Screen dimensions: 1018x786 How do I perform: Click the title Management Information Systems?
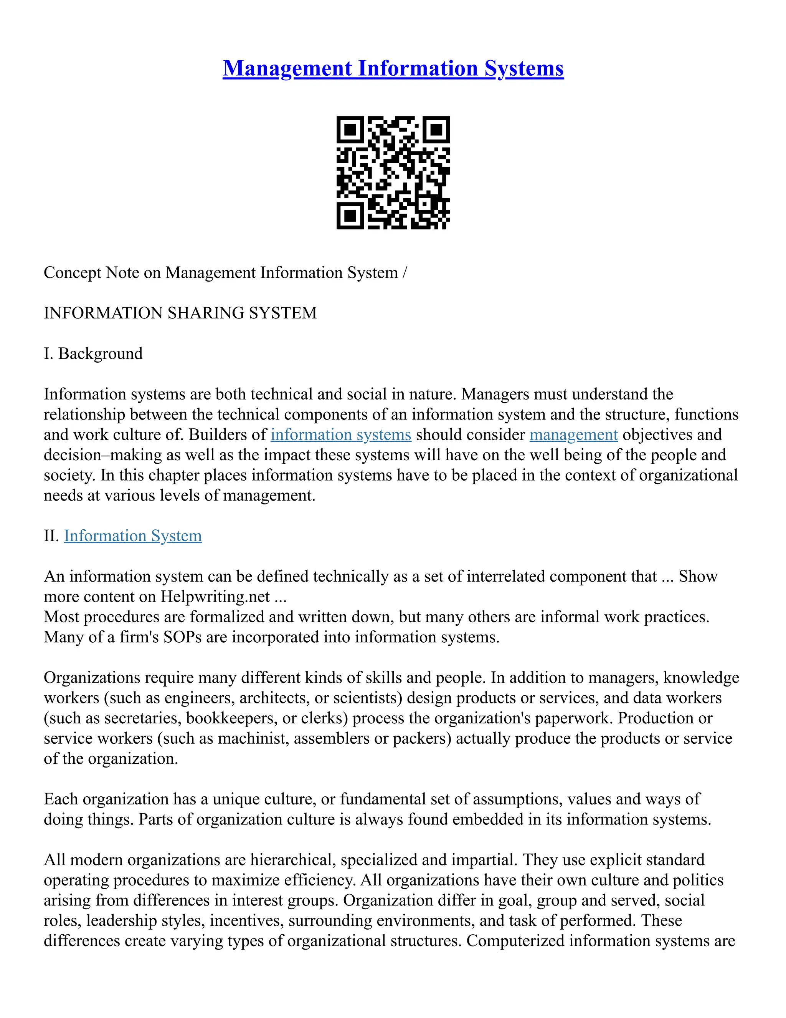coord(393,68)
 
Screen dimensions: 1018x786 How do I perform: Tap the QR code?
coord(393,173)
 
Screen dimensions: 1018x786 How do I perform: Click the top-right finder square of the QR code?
coord(436,129)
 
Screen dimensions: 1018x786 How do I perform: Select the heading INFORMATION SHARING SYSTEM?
coord(180,313)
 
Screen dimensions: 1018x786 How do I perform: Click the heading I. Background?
coord(93,353)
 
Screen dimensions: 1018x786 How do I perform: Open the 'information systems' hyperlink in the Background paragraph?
coord(341,434)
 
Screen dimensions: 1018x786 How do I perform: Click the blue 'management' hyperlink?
coord(573,434)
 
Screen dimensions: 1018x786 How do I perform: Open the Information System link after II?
coord(133,536)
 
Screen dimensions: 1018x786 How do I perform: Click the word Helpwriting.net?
coord(216,597)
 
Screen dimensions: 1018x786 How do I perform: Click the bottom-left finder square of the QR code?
coord(350,216)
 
